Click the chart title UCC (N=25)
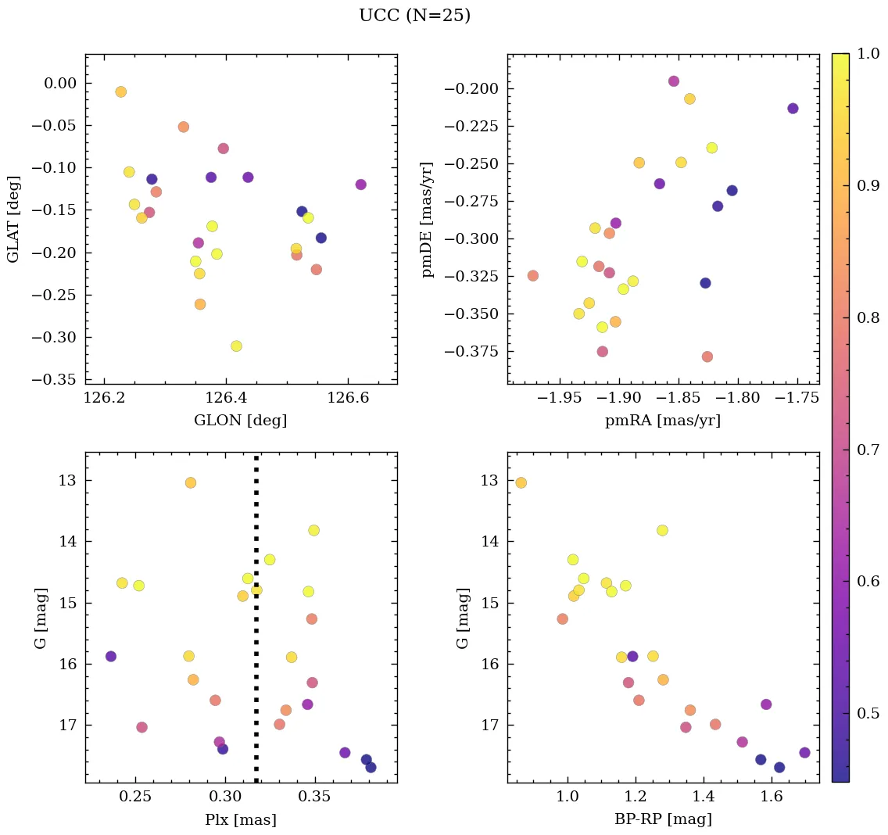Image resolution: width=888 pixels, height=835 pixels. pos(414,16)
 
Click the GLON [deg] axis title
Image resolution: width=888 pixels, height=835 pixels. pos(240,421)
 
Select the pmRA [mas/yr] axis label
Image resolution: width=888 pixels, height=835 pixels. pos(663,421)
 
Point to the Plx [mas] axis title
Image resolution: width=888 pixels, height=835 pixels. pos(240,819)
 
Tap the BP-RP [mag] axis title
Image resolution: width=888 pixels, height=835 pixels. pos(663,819)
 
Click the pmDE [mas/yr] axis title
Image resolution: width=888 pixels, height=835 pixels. pos(427,219)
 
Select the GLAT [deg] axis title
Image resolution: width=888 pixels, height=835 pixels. pos(13,219)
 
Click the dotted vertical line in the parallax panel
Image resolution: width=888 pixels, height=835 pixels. pos(256,625)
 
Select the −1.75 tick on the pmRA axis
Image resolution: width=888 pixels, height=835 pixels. pos(797,398)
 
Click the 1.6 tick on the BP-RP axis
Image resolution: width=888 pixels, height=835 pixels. pos(772,797)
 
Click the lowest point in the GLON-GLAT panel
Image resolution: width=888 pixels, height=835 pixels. pos(236,346)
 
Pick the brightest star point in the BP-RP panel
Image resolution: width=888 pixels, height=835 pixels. pos(521,482)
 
